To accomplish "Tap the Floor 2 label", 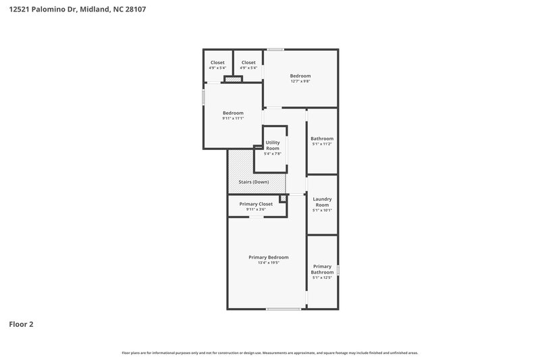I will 21,324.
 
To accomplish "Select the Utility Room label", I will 273,145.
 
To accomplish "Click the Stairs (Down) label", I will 254,182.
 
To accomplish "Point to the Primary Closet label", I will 256,204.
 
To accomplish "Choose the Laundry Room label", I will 322,201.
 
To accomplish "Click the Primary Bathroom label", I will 322,269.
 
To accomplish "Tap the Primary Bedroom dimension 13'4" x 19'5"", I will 268,263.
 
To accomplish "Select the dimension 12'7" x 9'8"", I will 300,82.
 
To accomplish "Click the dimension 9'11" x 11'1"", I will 233,118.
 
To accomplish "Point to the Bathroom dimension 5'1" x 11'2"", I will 322,144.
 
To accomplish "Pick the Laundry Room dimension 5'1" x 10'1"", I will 322,210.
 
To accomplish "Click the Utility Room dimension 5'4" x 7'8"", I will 273,154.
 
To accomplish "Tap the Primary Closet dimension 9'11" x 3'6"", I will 256,209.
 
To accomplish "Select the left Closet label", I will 217,62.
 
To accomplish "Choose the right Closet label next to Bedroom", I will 248,62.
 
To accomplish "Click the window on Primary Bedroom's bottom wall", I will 283,309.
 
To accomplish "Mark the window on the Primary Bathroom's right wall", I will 337,269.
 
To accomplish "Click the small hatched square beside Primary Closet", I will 283,199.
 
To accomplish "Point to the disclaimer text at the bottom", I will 269,353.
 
